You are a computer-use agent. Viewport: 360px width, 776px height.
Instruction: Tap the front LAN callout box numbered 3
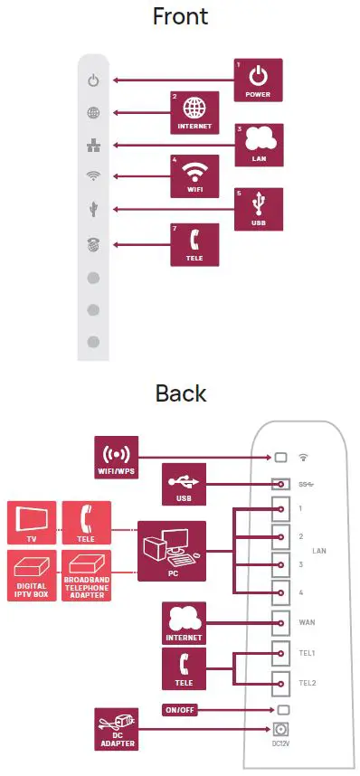click(259, 145)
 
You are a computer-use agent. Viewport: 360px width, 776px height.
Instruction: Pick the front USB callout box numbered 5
click(259, 209)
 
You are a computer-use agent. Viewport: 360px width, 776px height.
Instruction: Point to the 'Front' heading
click(181, 16)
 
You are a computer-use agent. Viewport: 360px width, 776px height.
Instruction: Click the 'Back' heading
click(181, 393)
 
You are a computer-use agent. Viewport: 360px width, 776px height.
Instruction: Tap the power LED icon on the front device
click(92, 80)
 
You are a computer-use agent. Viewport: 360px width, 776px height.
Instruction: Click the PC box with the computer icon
click(172, 551)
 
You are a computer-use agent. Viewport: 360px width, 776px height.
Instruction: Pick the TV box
click(32, 523)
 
